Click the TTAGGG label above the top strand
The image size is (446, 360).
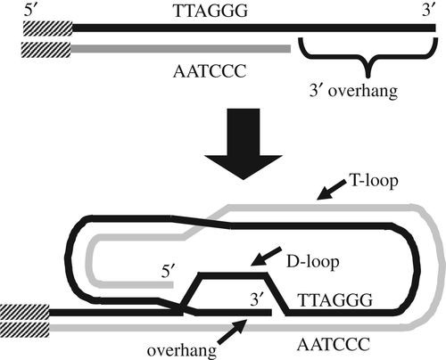tap(211, 11)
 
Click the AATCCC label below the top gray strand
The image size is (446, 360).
tap(210, 71)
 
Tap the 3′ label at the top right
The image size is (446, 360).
tap(429, 11)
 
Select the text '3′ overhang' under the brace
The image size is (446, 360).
tap(353, 91)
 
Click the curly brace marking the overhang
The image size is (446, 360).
tap(368, 57)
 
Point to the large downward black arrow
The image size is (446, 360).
tap(244, 143)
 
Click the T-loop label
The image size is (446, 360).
tap(374, 181)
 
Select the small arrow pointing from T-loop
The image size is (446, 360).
tap(332, 190)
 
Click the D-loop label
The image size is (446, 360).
tap(312, 262)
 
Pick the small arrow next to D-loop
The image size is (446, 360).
tap(266, 256)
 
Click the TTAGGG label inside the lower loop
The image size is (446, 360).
tap(335, 300)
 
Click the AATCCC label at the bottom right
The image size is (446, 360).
tap(334, 345)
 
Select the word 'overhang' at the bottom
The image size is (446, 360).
tap(182, 351)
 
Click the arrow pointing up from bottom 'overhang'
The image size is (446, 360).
tap(232, 332)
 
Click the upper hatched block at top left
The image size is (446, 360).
tap(48, 29)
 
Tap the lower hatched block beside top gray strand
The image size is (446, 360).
tap(45, 50)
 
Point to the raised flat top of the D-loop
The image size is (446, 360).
tap(233, 275)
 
